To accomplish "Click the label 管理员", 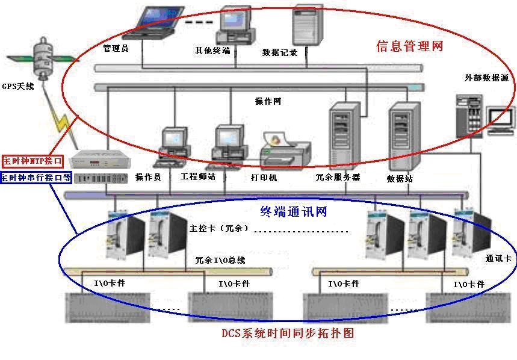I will click(115, 49).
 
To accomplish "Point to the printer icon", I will click(283, 151).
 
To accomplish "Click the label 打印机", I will click(264, 178).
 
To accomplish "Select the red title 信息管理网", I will click(409, 46).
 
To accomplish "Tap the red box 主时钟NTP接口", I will click(33, 161).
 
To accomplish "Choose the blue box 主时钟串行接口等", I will click(36, 178).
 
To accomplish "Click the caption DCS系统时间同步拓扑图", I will click(291, 332).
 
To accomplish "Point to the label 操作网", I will click(268, 101).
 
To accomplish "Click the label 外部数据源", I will click(486, 78).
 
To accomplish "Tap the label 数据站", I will click(400, 179).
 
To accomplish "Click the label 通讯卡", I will click(498, 258).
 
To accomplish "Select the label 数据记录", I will click(280, 52).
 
